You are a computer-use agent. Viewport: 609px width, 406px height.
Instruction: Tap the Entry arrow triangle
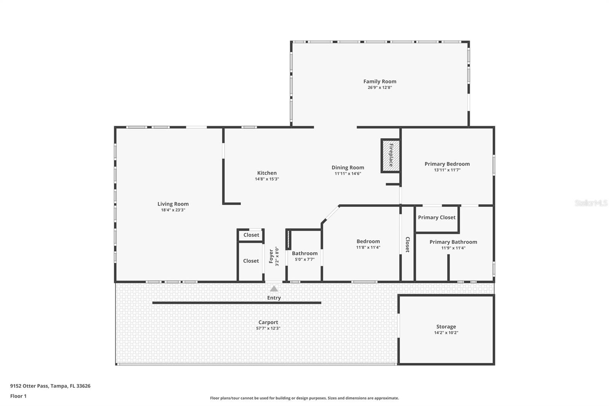pos(274,289)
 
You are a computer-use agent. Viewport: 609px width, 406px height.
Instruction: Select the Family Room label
pos(380,82)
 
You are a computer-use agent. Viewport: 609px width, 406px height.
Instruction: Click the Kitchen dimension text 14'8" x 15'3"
pos(267,179)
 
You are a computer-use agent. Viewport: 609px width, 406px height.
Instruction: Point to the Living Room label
pos(173,204)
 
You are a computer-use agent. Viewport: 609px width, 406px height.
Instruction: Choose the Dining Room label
pos(348,168)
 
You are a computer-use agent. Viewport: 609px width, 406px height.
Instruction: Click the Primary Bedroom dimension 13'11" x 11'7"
pos(447,170)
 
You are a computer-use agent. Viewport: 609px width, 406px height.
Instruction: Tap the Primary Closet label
pos(437,217)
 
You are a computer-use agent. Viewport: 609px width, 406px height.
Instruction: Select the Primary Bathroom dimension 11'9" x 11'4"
pos(453,248)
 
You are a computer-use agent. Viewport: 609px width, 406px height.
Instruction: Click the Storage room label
pos(446,326)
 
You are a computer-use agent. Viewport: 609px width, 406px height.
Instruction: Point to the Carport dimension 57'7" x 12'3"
pos(268,328)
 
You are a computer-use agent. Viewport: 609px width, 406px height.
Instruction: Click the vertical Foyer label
pos(271,256)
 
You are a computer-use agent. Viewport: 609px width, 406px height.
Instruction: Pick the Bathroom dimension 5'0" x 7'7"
pos(305,259)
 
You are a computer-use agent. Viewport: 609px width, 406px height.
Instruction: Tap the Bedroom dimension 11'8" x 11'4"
pos(368,247)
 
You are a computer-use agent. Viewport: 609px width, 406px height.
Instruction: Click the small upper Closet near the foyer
pos(251,235)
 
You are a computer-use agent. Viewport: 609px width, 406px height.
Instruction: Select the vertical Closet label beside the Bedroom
pos(408,245)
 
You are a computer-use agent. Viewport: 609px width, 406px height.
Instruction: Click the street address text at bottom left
pos(50,386)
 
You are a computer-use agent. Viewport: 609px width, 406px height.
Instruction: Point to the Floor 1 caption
pos(19,396)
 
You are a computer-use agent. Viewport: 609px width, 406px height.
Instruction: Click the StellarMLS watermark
pos(591,203)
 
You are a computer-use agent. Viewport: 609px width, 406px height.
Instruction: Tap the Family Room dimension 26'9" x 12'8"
pos(380,88)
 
